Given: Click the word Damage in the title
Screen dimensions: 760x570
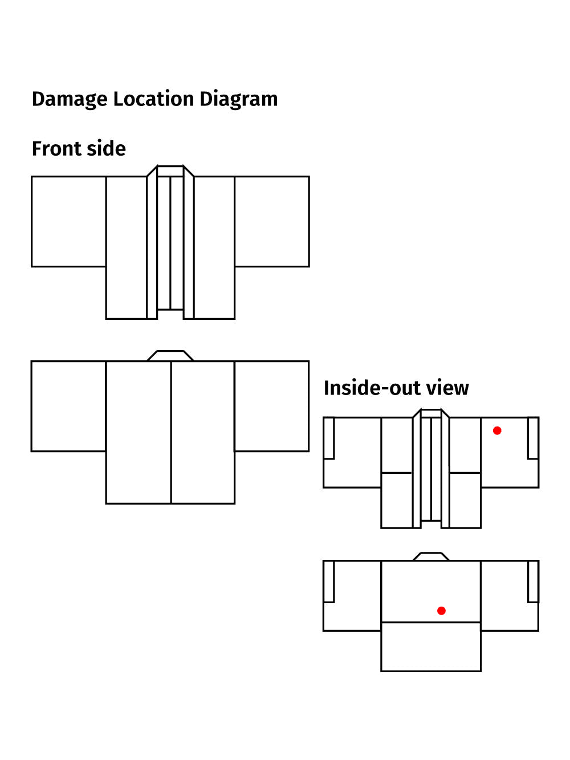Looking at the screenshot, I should (x=70, y=99).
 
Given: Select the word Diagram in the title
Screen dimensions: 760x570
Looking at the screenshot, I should (x=238, y=99).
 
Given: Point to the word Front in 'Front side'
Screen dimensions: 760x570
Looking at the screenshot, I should (x=55, y=149).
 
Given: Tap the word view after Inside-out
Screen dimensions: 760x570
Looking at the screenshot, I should (x=447, y=388).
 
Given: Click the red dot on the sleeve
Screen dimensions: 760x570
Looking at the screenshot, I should (x=497, y=430).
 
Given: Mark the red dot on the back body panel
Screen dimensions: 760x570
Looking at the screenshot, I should (x=441, y=611).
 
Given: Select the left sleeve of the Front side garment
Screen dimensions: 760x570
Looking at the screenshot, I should (x=68, y=221).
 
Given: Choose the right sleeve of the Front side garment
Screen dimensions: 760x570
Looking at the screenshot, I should (x=272, y=221).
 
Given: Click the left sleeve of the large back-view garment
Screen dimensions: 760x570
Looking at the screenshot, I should (x=68, y=406).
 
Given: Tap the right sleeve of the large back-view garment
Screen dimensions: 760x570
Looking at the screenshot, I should (x=272, y=406).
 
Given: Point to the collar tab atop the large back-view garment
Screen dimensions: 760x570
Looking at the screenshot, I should (x=170, y=356).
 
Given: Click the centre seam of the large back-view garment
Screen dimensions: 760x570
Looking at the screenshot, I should (x=171, y=432).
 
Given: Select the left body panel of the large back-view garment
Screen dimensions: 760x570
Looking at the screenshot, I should (x=139, y=432).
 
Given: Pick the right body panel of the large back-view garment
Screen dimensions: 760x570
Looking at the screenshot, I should (x=203, y=432).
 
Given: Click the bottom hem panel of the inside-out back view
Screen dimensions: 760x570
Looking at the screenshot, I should (x=431, y=647).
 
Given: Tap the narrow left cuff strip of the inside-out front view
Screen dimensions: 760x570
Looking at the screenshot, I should (x=329, y=438).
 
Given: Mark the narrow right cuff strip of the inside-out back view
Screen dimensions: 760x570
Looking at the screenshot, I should (x=533, y=581).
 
